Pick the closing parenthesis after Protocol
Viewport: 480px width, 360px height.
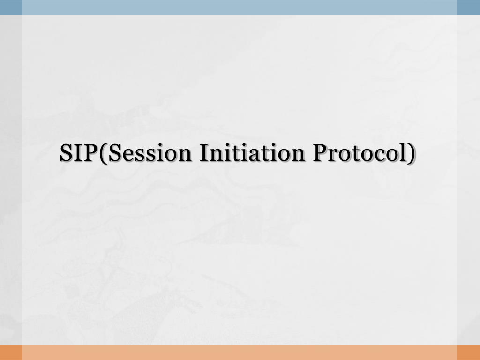click(x=411, y=154)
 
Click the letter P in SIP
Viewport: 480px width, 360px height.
click(x=92, y=154)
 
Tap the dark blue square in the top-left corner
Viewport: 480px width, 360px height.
click(x=11, y=7)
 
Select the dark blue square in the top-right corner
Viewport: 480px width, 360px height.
click(x=469, y=7)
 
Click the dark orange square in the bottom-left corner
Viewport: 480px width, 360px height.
click(x=11, y=352)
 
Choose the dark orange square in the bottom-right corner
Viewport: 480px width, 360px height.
click(x=469, y=352)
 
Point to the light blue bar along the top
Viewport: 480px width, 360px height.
click(x=240, y=7)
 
